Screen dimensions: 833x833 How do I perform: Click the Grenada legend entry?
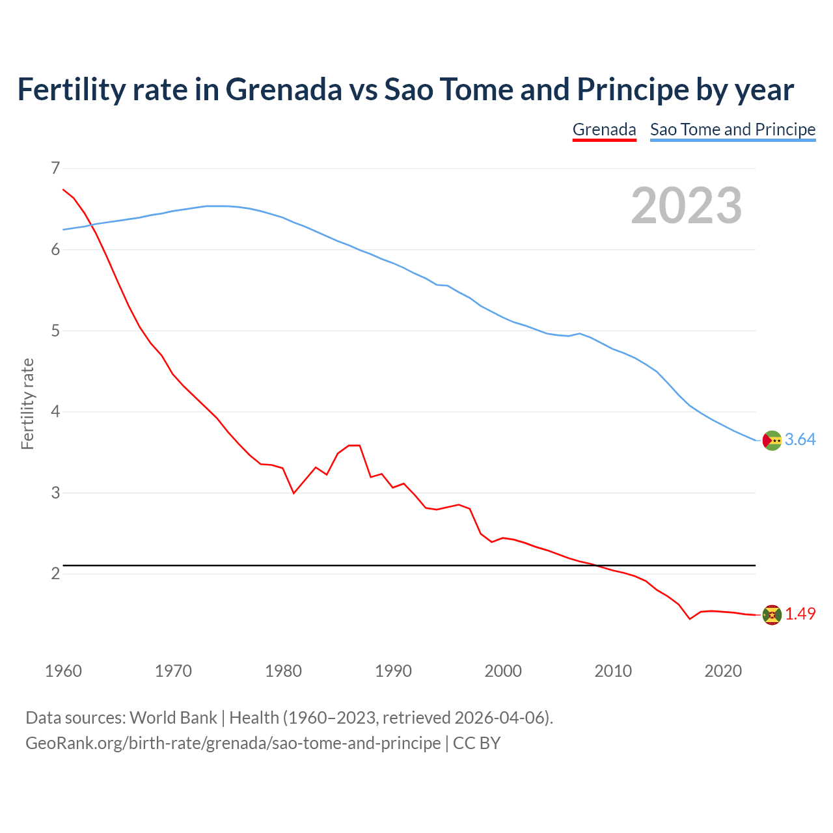(604, 130)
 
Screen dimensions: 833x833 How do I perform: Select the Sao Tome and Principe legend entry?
(733, 130)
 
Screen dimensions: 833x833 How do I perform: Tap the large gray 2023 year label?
(687, 206)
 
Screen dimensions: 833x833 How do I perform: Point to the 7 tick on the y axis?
(55, 169)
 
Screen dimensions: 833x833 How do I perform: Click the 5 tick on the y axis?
(55, 331)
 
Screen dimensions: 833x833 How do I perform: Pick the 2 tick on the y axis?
(55, 573)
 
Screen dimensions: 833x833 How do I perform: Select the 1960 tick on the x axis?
(63, 671)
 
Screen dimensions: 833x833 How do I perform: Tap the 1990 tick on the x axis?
(393, 671)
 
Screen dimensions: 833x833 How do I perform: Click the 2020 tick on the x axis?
(723, 671)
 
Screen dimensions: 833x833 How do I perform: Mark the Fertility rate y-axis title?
(27, 403)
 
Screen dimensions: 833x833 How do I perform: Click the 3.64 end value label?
(800, 440)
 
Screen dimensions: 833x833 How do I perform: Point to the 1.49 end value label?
(800, 614)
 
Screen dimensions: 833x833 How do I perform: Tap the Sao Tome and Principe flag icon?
(772, 441)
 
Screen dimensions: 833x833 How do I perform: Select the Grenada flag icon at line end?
(772, 614)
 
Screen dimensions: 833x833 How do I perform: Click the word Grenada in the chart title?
(284, 89)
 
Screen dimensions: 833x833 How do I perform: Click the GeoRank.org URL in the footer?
(232, 743)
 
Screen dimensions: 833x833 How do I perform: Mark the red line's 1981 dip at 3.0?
(294, 493)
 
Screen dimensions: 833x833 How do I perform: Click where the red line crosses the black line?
(596, 566)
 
